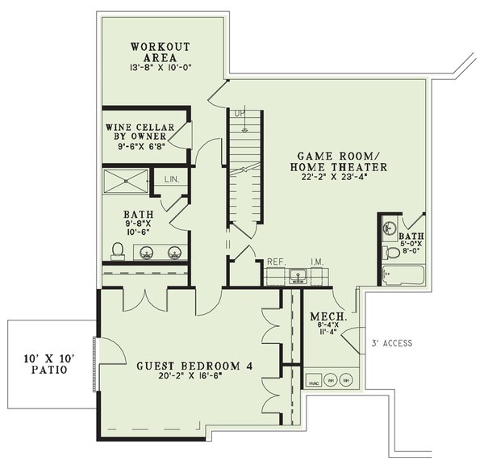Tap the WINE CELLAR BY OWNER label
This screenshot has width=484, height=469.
135,132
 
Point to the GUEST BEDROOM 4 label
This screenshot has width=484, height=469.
194,366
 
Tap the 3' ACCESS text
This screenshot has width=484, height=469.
392,343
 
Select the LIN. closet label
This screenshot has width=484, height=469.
173,180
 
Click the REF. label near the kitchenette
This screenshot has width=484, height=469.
275,262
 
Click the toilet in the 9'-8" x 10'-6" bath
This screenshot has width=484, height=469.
115,252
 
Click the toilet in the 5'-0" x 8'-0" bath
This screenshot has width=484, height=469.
391,253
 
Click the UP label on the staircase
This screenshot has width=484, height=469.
238,114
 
